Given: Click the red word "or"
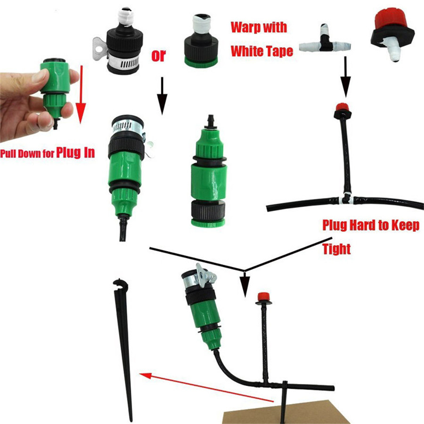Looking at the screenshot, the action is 158,56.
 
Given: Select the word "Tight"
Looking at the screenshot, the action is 337,249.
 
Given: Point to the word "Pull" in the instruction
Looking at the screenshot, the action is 8,154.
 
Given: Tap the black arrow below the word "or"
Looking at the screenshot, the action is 162,96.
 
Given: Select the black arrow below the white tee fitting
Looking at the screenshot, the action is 345,76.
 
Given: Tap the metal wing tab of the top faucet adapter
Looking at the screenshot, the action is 99,49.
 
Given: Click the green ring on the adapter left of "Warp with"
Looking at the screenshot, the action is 201,62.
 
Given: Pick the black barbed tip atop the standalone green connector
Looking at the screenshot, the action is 210,122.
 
